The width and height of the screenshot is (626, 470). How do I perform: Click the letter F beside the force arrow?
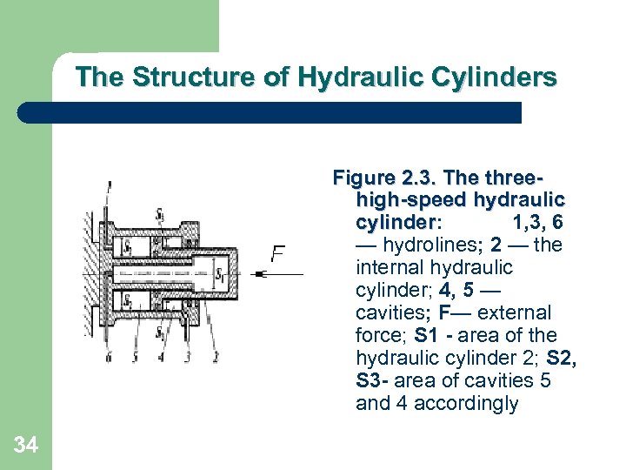278,255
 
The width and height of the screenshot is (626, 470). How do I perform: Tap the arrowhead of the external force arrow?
260,275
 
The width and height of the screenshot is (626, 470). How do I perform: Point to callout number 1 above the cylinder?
109,185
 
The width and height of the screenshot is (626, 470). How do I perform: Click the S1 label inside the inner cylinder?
220,276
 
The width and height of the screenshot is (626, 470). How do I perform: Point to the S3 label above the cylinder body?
160,214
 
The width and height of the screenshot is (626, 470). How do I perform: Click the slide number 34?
26,446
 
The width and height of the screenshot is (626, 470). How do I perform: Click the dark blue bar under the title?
270,112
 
